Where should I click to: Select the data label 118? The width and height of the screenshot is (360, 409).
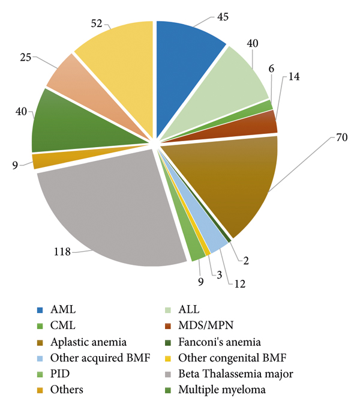point(61,253)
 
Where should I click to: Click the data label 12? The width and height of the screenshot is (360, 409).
point(239,283)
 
